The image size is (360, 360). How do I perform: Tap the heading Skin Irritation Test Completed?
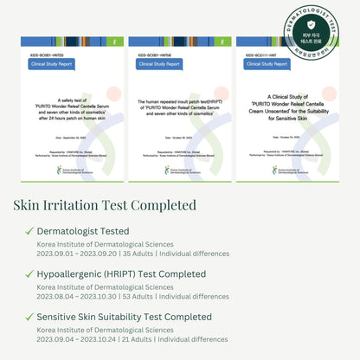tap(105, 205)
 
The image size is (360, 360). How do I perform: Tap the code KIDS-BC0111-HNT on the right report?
tap(261, 54)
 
